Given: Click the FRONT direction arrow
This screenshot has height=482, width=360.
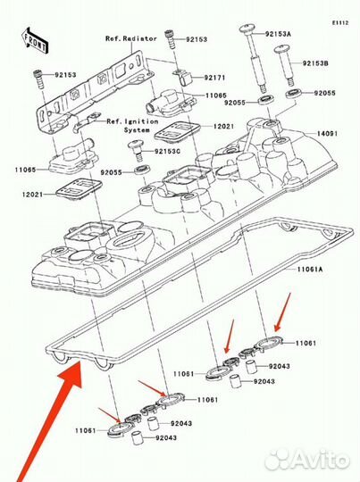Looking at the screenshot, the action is (36, 40).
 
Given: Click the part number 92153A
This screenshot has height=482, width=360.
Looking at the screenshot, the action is (278, 34).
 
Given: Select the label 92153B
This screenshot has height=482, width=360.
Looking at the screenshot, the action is (315, 63).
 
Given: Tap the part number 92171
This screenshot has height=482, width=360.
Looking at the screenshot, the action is (214, 78).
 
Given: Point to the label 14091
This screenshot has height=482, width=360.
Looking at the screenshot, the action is (327, 134).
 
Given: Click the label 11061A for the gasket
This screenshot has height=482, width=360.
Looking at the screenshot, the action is (310, 270).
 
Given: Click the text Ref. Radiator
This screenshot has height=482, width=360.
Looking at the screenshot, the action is (131, 38).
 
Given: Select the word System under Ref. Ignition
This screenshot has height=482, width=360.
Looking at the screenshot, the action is (137, 130).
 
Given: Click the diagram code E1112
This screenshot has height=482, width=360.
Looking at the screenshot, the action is (340, 22).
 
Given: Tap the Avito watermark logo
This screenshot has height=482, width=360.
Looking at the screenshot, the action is (307, 460).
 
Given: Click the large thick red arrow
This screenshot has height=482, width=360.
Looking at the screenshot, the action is (49, 421).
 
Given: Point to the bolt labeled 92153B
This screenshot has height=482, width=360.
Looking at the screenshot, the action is (284, 65).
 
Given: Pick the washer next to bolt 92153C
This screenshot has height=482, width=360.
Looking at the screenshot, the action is (142, 169).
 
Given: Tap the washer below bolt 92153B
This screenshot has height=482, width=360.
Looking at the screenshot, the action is (294, 94).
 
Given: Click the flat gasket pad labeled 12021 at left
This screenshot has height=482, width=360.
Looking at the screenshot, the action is (79, 189).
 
